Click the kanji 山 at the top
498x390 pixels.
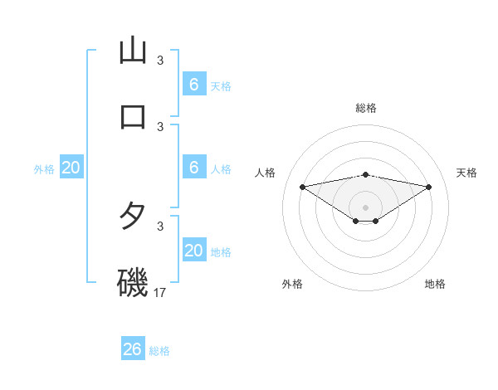click(133, 51)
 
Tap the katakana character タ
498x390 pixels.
click(133, 217)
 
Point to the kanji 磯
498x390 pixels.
click(133, 283)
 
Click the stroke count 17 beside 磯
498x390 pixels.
click(161, 292)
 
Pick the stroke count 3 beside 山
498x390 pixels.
click(160, 60)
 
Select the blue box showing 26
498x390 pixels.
click(133, 349)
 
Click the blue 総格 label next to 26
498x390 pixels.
click(159, 351)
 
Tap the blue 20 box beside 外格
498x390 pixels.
click(71, 168)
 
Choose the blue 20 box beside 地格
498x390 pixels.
click(194, 251)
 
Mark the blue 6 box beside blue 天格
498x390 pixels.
click(194, 85)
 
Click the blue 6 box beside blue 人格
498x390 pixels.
click(194, 168)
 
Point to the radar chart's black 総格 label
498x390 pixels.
click(366, 108)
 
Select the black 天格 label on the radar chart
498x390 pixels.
click(467, 173)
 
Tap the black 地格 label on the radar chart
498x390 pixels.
click(435, 284)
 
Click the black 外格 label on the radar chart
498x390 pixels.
click(292, 284)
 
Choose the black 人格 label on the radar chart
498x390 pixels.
click(266, 173)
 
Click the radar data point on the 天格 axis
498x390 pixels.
click(429, 187)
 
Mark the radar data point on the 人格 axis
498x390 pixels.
click(302, 187)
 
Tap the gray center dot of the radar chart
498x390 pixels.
click(366, 207)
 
